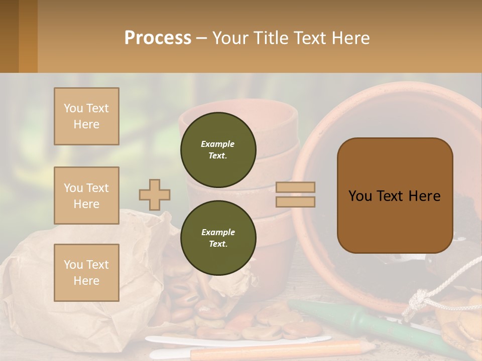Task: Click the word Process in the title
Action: pos(158,38)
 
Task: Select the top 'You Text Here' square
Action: pos(86,116)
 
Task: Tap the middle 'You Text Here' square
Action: pos(86,196)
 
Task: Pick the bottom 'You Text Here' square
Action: pos(86,273)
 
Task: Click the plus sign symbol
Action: pos(155,195)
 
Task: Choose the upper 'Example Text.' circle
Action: pos(218,150)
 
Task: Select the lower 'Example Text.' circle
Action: pos(218,238)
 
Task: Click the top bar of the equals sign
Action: pos(295,187)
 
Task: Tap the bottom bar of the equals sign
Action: pos(295,202)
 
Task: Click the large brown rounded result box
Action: pos(395,195)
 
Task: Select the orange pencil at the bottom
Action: pos(281,350)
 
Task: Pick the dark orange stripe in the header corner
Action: pos(28,36)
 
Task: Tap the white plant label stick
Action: pos(241,340)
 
